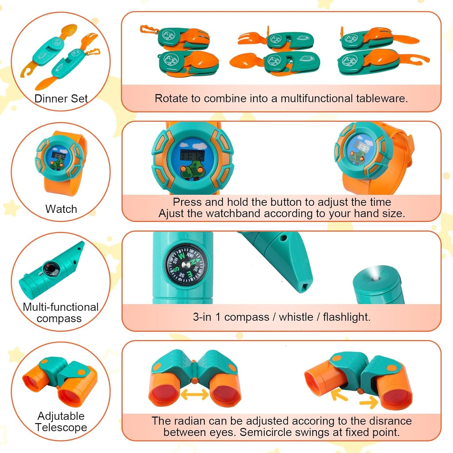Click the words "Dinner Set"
tap(61, 99)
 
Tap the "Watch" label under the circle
tap(61, 209)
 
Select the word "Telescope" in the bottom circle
tap(61, 427)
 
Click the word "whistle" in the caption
tap(296, 317)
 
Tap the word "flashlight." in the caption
tap(346, 317)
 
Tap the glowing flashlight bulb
tap(376, 273)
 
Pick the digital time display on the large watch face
tap(192, 156)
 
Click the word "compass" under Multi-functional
tap(59, 319)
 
